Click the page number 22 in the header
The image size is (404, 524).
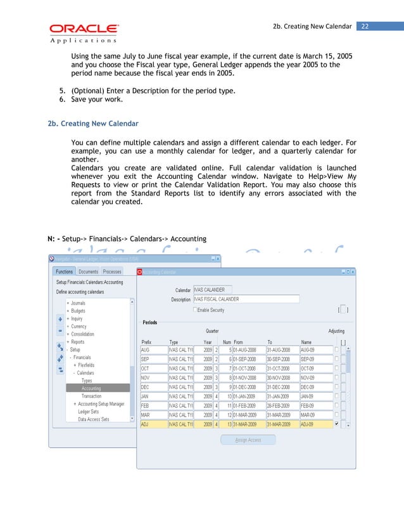tap(365, 26)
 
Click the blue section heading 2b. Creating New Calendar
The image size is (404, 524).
tap(93, 123)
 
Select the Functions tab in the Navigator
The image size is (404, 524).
tap(64, 272)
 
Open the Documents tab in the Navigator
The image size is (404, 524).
tap(88, 272)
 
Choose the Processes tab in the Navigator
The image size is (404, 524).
tap(112, 272)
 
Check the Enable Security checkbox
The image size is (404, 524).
tap(196, 310)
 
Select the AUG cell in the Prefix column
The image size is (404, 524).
tap(153, 350)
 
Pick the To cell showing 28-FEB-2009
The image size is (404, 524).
tap(282, 405)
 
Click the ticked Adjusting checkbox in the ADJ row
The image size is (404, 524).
tap(336, 424)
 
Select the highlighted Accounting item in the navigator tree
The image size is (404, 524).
tap(91, 388)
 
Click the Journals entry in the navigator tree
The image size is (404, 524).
tap(77, 303)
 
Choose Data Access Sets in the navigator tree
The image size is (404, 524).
tap(94, 419)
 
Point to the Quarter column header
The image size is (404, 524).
tap(212, 331)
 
